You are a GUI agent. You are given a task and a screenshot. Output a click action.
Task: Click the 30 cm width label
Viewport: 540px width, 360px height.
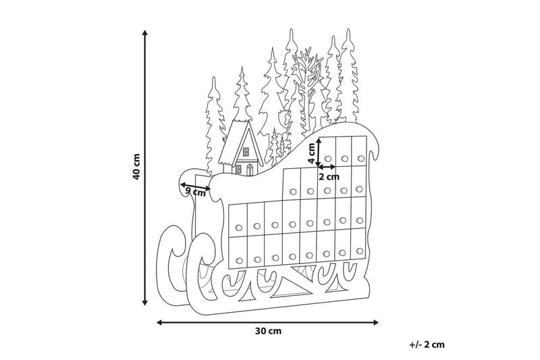pyautogui.click(x=269, y=331)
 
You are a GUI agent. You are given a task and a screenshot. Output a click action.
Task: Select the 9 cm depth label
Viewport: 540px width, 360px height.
pyautogui.click(x=195, y=192)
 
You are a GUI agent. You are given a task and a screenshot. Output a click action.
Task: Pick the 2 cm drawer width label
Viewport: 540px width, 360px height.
pyautogui.click(x=329, y=176)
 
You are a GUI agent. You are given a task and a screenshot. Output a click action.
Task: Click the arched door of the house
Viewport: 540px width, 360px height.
pyautogui.click(x=249, y=168)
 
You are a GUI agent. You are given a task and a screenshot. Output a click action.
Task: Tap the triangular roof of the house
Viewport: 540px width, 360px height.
pyautogui.click(x=240, y=138)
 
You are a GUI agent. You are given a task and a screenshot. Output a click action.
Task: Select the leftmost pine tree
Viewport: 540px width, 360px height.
pyautogui.click(x=214, y=122)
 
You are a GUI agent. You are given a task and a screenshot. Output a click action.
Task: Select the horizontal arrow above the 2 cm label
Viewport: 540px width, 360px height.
pyautogui.click(x=329, y=166)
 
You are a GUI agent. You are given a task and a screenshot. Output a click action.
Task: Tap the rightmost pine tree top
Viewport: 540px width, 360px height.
pyautogui.click(x=350, y=37)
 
